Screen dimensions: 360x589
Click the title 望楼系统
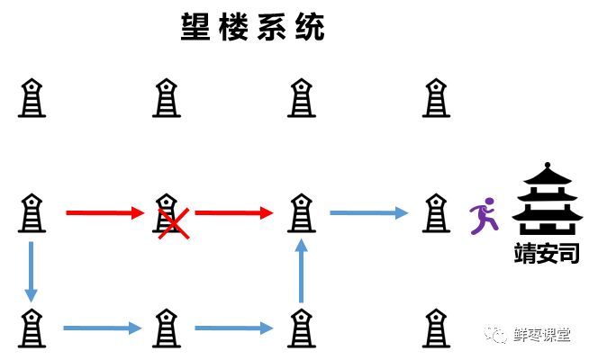(252, 28)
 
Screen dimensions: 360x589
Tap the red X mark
(173, 221)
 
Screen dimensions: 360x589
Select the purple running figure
(484, 215)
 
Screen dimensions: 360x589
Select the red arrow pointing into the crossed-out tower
(104, 213)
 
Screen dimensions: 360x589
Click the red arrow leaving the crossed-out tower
(233, 213)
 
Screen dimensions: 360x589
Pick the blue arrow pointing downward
(32, 270)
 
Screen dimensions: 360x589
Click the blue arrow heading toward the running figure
(368, 213)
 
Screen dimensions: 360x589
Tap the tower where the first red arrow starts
(32, 212)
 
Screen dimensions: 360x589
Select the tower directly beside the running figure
(436, 212)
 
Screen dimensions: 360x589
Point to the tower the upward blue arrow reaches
(302, 212)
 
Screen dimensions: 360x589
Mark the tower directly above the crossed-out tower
(166, 97)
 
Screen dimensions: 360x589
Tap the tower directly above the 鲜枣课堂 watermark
(436, 212)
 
